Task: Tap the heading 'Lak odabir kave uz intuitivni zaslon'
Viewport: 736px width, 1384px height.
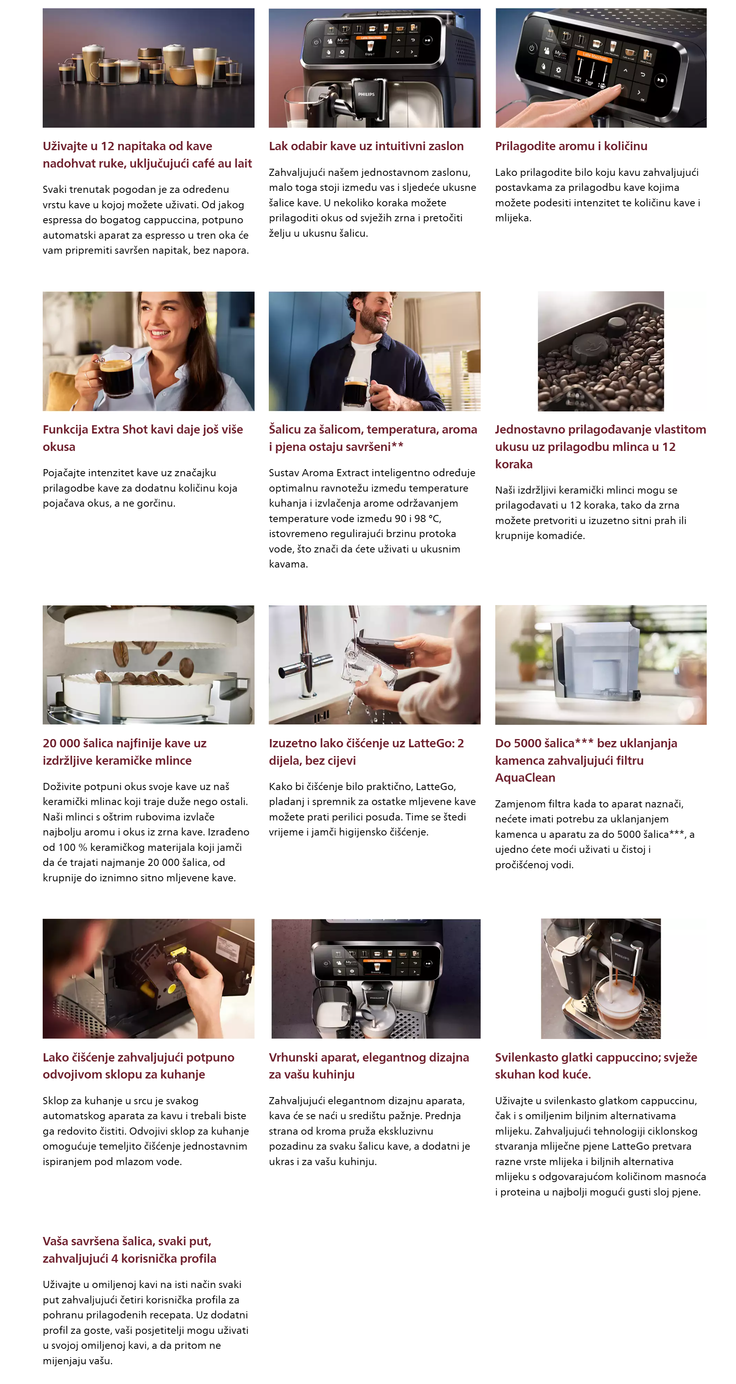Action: coord(366,146)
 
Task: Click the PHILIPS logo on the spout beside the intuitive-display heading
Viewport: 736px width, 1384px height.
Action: coord(366,94)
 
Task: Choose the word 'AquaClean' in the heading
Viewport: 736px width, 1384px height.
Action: coord(525,778)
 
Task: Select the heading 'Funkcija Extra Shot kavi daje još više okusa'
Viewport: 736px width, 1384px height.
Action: coord(143,438)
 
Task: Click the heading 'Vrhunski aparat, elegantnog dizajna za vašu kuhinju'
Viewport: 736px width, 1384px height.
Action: coord(369,1066)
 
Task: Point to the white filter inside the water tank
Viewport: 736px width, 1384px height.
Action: coord(607,677)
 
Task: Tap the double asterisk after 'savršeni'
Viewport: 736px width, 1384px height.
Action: coord(398,446)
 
